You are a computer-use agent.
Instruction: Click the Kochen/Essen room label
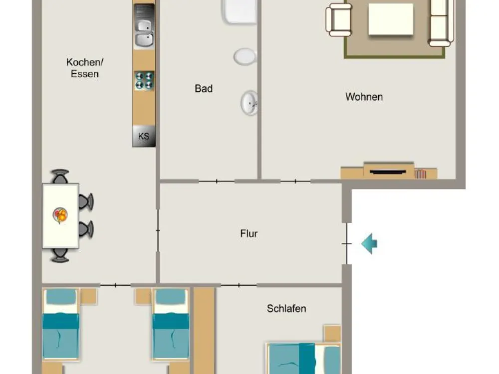coord(85,68)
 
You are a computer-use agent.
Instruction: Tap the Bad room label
coord(204,88)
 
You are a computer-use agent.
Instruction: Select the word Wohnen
coord(364,97)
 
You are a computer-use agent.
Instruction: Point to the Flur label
coord(249,233)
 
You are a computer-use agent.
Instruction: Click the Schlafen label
coord(286,309)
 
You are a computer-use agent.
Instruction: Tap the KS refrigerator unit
coord(144,136)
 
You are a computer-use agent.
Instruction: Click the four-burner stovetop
coord(144,80)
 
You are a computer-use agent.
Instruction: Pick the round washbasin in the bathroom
coord(249,103)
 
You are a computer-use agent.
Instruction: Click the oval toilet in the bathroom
coord(245,57)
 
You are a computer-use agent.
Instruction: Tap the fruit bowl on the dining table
coord(60,215)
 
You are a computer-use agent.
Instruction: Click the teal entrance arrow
coord(369,244)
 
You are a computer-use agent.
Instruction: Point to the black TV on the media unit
coord(388,172)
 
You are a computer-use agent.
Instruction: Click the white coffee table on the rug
coord(391,19)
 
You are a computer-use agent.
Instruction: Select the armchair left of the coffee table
coord(339,20)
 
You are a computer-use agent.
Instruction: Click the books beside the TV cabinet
coord(420,174)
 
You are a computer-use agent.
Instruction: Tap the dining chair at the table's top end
coord(60,177)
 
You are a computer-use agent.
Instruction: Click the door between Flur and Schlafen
coord(239,285)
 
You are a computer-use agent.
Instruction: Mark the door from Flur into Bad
coord(217,182)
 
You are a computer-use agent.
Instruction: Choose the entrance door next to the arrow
coord(347,244)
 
